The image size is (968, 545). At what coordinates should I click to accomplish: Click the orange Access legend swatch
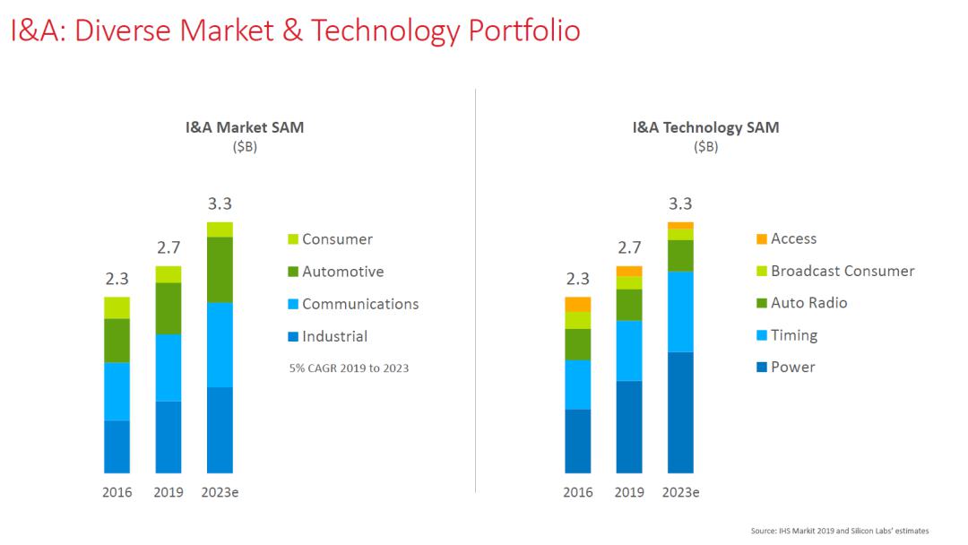point(762,239)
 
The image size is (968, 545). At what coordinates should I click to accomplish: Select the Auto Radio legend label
point(808,303)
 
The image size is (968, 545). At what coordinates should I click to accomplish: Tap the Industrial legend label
point(334,337)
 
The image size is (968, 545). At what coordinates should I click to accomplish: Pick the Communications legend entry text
point(360,304)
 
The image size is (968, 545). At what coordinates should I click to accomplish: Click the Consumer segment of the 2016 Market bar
point(117,307)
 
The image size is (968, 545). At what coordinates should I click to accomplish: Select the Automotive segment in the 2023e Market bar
point(220,269)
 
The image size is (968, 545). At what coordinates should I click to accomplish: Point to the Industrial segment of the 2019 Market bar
point(169,437)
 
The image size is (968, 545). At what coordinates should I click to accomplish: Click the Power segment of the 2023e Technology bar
point(680,412)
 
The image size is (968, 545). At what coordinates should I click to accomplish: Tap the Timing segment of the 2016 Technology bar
point(578,385)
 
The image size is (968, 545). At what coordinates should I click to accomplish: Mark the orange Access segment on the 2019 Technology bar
point(629,271)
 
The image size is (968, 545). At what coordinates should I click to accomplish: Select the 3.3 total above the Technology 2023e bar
point(680,204)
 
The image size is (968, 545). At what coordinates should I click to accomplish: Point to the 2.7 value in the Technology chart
point(629,248)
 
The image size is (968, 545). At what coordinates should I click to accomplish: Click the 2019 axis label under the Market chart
point(169,493)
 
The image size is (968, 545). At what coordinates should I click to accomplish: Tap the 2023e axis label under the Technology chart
point(680,493)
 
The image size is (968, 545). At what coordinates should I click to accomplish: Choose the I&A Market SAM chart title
point(244,127)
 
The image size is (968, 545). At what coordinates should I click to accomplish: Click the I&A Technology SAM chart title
point(705,127)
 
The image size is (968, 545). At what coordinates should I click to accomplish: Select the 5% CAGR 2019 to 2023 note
point(349,368)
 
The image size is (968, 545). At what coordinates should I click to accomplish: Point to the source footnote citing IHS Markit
point(840,532)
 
